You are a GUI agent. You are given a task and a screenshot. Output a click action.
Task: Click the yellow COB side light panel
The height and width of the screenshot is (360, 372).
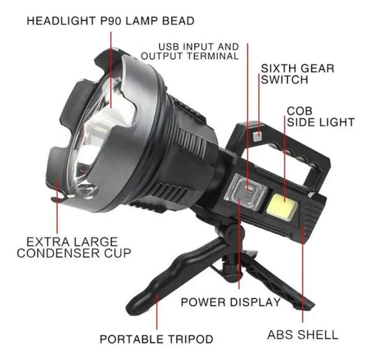click(282, 207)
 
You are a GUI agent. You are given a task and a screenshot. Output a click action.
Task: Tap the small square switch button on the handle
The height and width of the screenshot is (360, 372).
click(258, 136)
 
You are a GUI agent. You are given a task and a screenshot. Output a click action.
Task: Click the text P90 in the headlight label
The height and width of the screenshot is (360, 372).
click(111, 21)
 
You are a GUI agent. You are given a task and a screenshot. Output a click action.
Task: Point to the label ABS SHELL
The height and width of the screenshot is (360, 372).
click(302, 335)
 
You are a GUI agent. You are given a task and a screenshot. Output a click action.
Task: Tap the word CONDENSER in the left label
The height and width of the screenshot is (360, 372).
click(59, 253)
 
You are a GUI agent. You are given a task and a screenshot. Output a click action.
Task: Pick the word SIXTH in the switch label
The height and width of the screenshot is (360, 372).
click(276, 68)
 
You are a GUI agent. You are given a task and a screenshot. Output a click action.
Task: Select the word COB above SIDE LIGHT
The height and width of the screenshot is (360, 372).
click(299, 111)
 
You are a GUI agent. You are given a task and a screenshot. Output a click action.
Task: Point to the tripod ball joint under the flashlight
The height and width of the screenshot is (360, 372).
click(230, 231)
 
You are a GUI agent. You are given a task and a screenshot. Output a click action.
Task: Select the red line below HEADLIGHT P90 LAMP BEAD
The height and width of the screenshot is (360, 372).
click(111, 70)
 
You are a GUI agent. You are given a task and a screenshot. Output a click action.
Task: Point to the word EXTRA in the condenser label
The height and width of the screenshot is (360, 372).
click(41, 242)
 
